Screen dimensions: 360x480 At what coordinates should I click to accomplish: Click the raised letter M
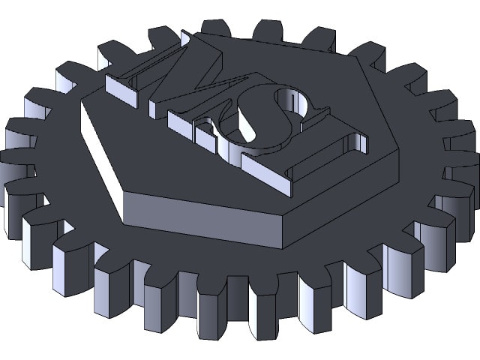172,71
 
